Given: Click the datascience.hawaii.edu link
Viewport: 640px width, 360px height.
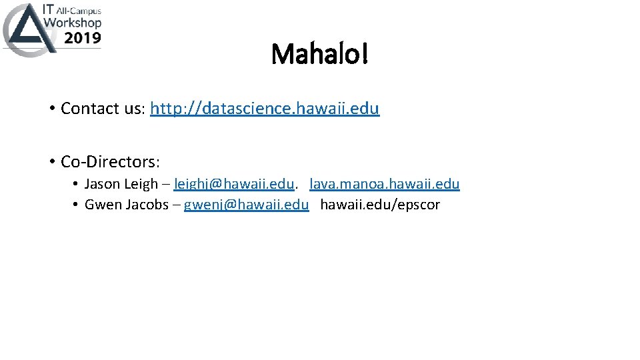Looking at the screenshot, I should tap(265, 109).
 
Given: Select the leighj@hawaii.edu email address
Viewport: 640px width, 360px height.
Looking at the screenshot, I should tap(233, 184).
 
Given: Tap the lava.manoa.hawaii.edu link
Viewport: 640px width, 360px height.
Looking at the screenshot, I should tap(385, 184).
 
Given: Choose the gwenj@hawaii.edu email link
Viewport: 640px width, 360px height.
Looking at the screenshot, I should tap(246, 205).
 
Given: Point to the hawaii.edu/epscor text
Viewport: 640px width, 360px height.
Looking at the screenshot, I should tap(380, 205).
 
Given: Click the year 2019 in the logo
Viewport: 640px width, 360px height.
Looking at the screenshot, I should tap(83, 38).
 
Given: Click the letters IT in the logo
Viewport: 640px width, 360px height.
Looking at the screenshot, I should tap(49, 9).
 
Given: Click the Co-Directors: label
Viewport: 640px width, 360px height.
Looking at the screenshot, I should tap(110, 162).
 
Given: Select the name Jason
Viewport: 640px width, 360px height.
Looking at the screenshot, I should tap(102, 184).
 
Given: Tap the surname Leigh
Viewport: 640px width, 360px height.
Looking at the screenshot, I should tap(141, 184).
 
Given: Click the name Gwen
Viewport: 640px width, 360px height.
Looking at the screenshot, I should tap(101, 205).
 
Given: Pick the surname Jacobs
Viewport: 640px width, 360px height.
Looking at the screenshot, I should tap(145, 205).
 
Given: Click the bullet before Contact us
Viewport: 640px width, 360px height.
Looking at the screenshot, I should tap(51, 109).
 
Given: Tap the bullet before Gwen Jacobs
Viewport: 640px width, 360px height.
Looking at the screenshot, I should tap(77, 205).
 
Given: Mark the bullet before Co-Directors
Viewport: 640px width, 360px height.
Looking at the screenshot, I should tap(51, 162).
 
